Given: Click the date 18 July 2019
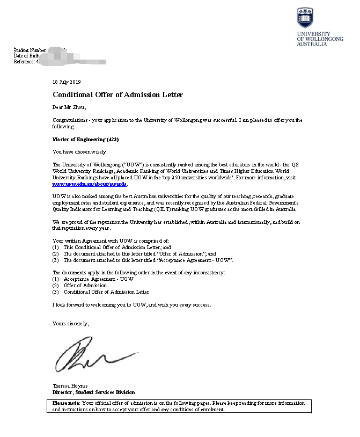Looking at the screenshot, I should coord(66,82).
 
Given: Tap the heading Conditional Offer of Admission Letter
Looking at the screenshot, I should coord(117,95).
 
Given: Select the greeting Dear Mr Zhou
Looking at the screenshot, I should coord(69,107).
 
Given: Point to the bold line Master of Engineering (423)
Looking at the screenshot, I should coord(85,140).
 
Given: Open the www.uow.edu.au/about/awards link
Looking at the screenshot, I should coord(90,184).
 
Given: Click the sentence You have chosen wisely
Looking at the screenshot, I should coord(80,151).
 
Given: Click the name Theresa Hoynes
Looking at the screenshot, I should coord(70,386).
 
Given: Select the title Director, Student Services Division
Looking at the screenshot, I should coord(93,392).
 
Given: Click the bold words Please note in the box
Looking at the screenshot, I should coord(66,403).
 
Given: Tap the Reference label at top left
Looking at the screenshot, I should coord(25,62).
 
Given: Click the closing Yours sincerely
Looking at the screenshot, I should coord(71,323).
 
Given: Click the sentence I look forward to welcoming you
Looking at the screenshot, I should coord(131,305).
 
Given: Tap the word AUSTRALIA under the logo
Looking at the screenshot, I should coord(312,44).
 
